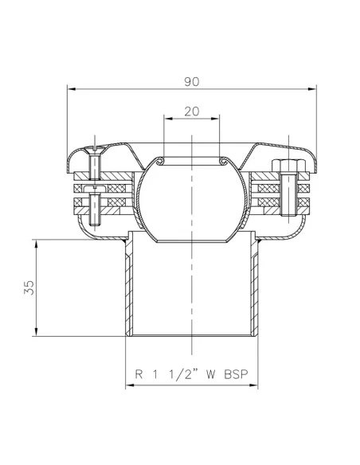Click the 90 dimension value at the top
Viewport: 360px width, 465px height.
[191, 81]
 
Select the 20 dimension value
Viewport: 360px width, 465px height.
[191, 111]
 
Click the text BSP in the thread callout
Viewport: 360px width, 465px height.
[233, 372]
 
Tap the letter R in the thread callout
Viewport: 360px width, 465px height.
[139, 372]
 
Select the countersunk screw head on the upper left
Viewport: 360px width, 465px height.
[94, 150]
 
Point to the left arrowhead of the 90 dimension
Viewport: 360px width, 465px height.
[69, 89]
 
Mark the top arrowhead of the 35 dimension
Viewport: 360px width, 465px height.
[37, 240]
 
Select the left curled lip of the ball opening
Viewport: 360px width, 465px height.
[162, 162]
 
